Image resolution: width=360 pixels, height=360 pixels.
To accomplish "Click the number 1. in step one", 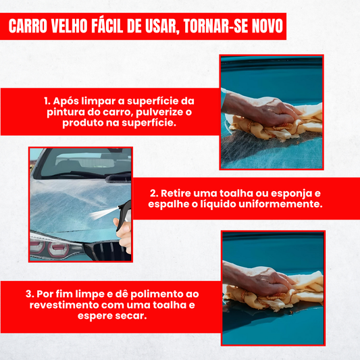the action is point(47,101).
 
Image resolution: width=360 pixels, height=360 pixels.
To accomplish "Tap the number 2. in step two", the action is point(154,193).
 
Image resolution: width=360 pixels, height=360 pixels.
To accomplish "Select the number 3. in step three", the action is point(30,294).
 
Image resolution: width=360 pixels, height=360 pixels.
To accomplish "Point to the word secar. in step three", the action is point(131,316).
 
